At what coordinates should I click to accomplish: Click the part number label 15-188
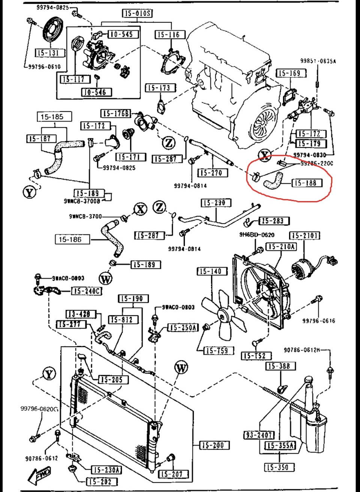click(x=306, y=183)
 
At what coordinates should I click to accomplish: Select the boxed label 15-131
click(x=48, y=53)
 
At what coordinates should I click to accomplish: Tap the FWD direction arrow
click(x=38, y=475)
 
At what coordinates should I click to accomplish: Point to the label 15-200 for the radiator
click(x=213, y=445)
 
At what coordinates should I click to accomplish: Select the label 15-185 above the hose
click(x=52, y=117)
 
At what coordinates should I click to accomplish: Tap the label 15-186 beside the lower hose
click(x=70, y=239)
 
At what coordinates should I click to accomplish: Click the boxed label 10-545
click(x=121, y=34)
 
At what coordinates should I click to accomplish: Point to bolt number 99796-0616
click(x=319, y=321)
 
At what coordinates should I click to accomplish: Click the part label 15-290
click(x=214, y=203)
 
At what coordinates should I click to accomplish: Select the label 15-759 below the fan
click(x=217, y=351)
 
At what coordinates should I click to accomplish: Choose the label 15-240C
click(x=87, y=291)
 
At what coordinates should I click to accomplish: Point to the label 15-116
click(x=169, y=35)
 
